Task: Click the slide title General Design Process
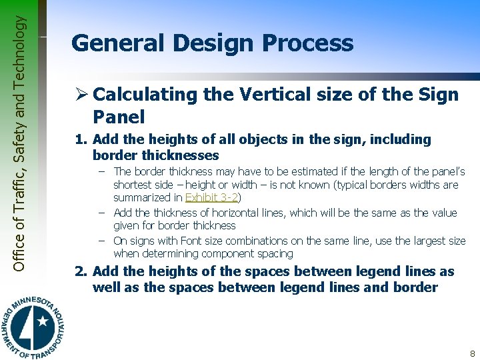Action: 212,43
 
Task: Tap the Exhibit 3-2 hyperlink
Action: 211,198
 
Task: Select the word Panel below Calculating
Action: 119,117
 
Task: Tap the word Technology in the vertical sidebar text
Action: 21,49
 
